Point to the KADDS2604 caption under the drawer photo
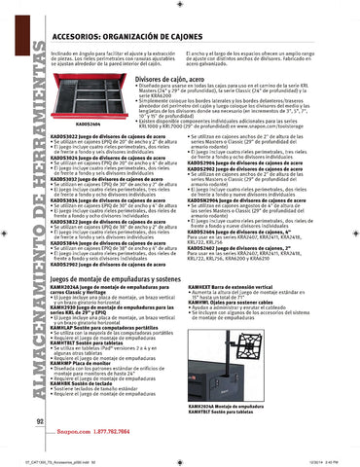(x=60, y=124)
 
